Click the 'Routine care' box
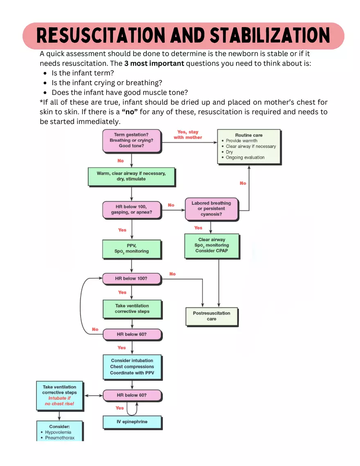249,146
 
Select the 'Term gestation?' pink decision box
131,140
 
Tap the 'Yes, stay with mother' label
188,135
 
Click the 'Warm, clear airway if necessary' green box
131,176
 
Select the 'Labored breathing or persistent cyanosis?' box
211,209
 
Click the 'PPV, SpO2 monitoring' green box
131,248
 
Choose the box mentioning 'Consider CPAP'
211,245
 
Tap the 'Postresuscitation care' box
211,316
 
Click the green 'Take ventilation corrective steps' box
132,308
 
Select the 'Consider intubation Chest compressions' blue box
132,367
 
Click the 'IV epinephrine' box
132,422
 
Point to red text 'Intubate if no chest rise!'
59,401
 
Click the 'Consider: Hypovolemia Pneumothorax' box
59,432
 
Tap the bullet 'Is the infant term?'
83,73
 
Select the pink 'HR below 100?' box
131,279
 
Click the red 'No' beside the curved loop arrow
95,329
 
